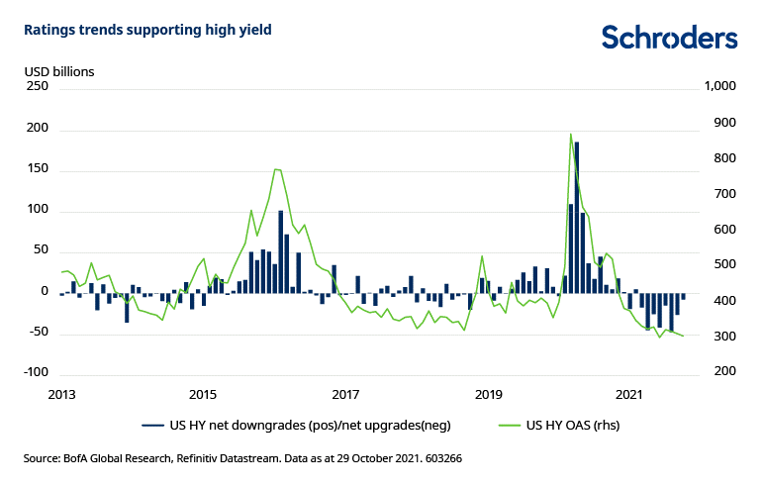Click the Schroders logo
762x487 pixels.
coord(669,38)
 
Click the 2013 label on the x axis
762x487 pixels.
coord(61,395)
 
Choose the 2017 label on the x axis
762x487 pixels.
coord(345,395)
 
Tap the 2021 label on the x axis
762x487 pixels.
coord(629,395)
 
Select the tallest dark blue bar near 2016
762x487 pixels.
coord(281,251)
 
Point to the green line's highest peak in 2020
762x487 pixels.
coord(571,135)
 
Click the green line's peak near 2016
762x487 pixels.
coord(276,169)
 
